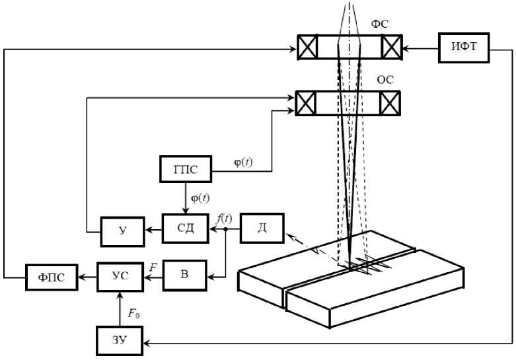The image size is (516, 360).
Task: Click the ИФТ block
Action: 463,48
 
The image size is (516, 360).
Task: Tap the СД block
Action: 186,229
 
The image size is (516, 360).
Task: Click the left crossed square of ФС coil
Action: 307,48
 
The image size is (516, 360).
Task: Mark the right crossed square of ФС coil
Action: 390,48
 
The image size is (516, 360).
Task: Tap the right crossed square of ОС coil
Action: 389,103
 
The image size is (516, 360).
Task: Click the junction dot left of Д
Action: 225,230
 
